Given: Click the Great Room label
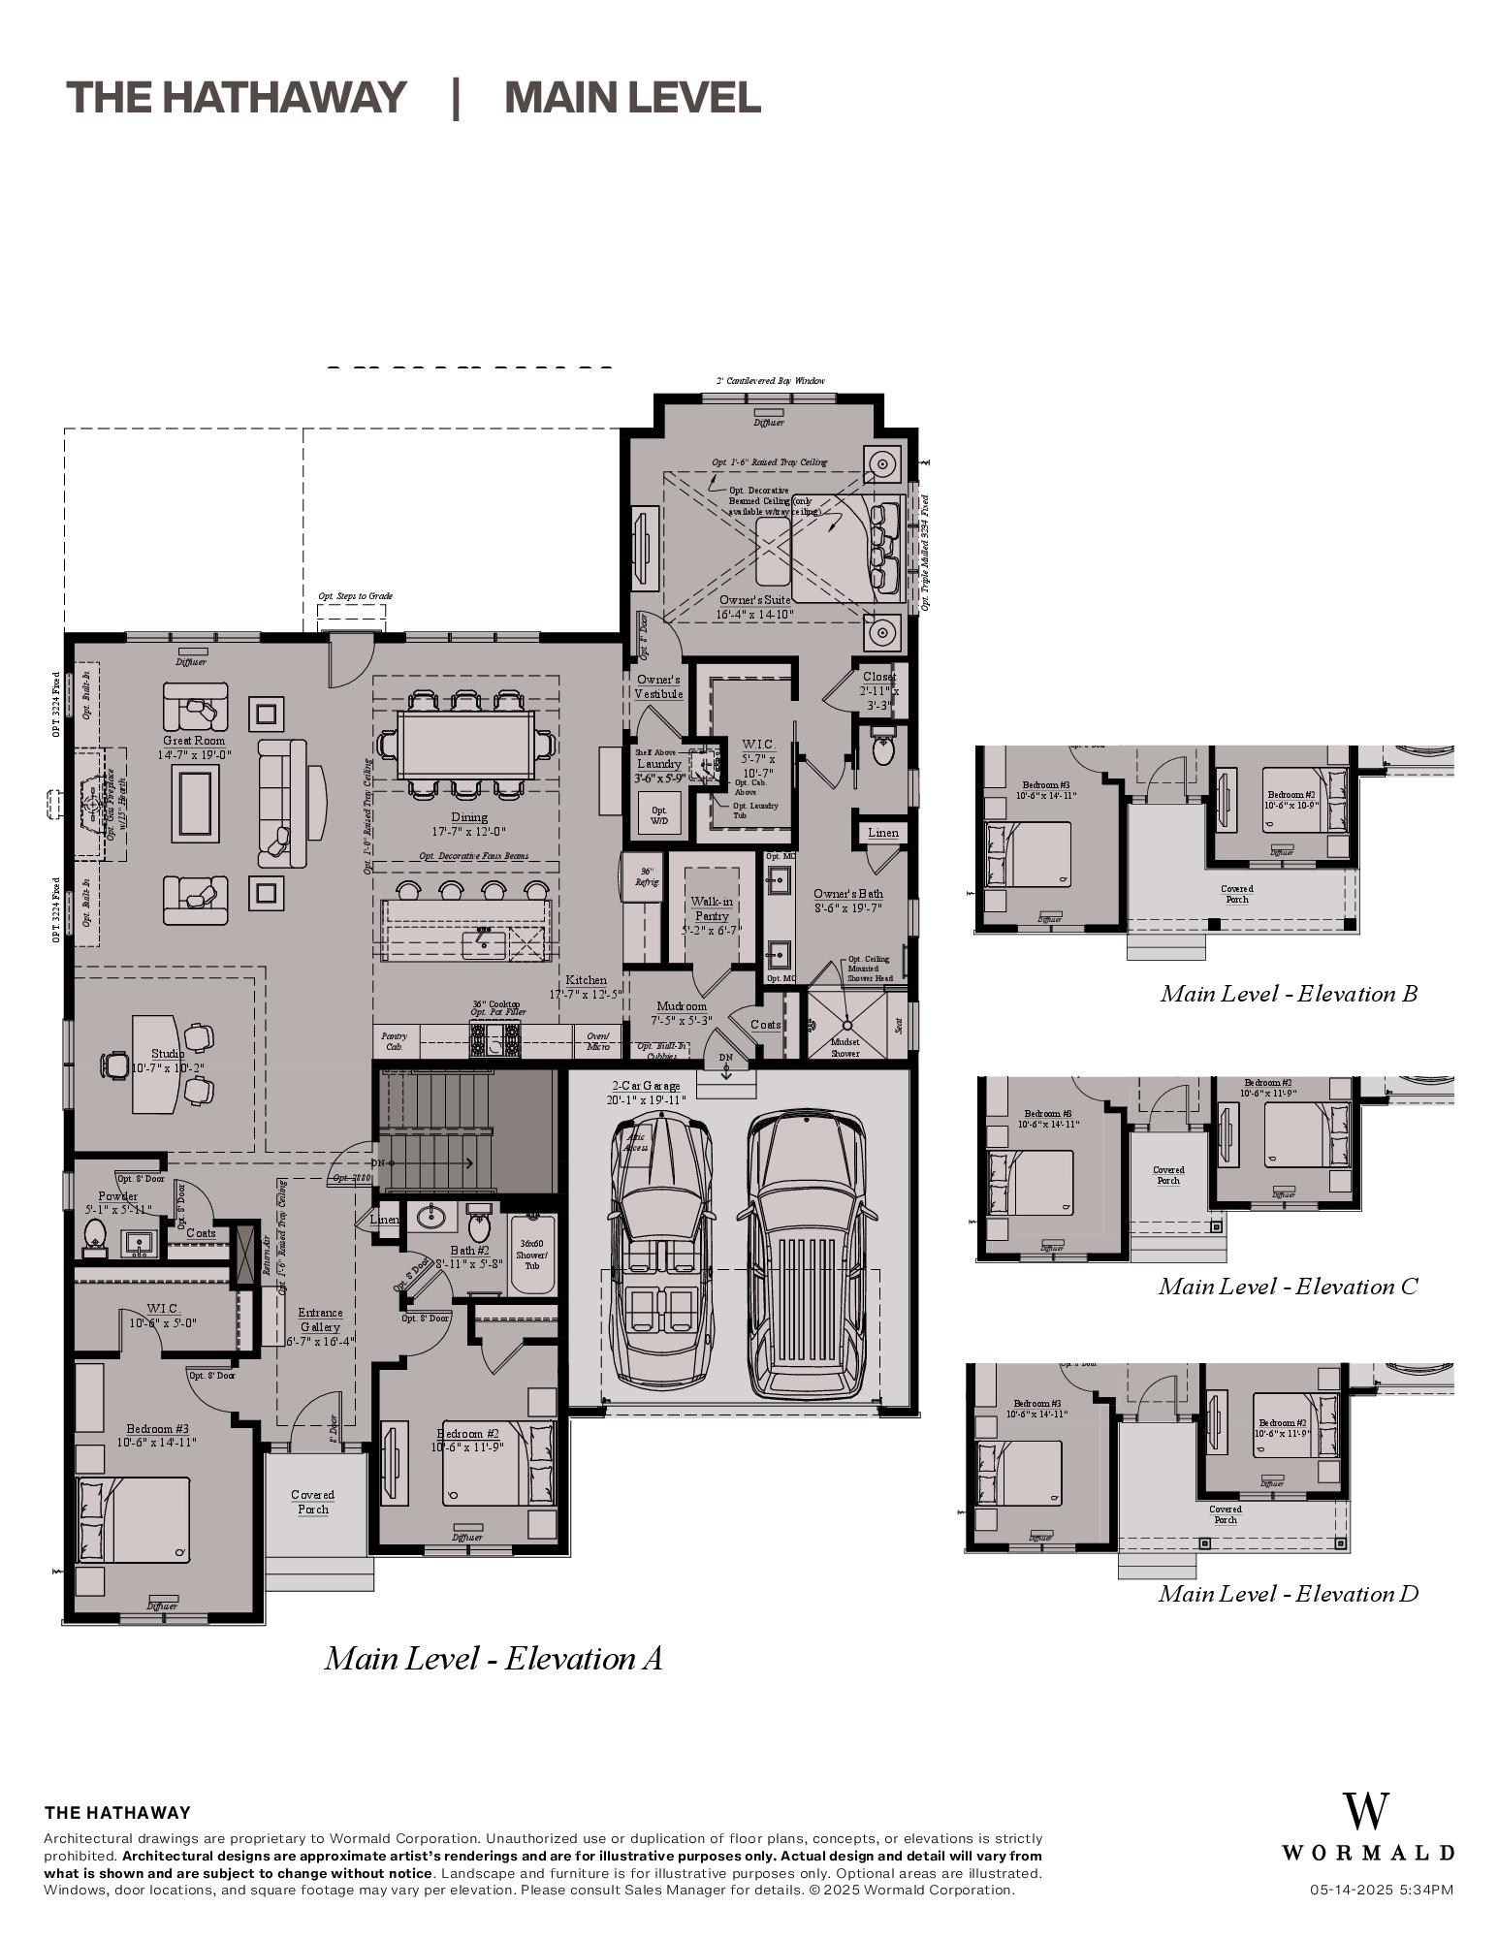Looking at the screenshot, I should coord(195,741).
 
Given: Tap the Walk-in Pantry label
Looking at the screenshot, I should coord(712,908).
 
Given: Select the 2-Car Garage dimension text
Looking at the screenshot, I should coord(647,1099).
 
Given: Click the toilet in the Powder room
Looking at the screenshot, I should coord(95,1234).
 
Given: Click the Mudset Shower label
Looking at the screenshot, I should coord(845,1047).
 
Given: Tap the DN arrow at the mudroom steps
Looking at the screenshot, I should coord(725,1065).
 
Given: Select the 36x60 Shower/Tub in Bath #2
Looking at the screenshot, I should coord(531,1254).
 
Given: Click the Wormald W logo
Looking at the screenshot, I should coord(1365,1812).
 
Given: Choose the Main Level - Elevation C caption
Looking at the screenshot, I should coord(1288,1287).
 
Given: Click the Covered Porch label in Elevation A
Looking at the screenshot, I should coord(312,1502).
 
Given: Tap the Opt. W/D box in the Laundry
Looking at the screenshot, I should coord(659,814).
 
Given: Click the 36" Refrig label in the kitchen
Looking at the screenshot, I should coord(646,876).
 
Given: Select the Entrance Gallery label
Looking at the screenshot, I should coord(320,1319).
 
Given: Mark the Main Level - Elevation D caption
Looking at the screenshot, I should coord(1288,1594).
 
